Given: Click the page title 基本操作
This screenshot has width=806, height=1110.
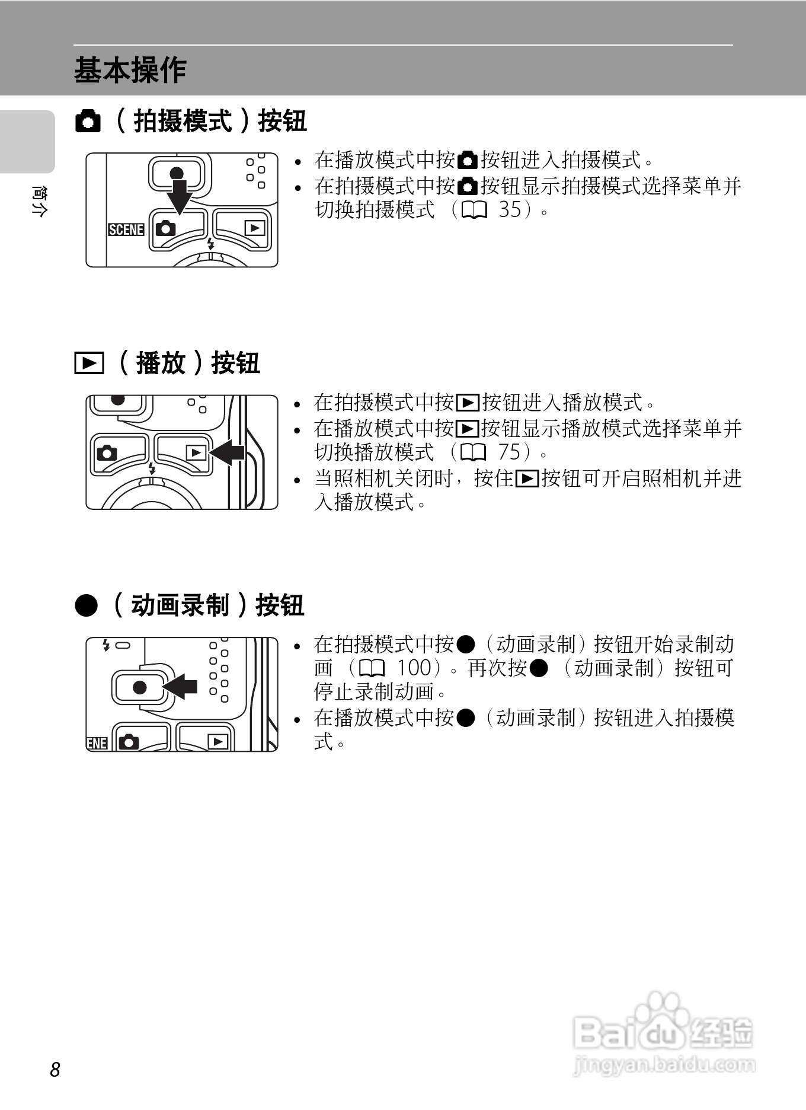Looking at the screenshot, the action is (130, 70).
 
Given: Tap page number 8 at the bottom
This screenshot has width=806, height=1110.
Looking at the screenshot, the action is (55, 1069).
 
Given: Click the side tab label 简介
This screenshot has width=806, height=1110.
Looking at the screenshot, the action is (38, 202).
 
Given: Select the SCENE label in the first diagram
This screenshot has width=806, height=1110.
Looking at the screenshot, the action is (126, 229).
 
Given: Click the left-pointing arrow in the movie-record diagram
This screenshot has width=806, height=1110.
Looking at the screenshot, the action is (180, 687).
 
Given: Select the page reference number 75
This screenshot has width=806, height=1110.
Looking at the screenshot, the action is (509, 452).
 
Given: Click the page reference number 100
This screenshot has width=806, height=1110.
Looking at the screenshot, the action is (413, 668).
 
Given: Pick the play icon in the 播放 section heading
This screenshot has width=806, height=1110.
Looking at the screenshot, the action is (89, 363).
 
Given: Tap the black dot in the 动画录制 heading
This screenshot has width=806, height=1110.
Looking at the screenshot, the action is (86, 605).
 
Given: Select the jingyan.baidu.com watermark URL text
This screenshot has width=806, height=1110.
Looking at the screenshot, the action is (664, 1065).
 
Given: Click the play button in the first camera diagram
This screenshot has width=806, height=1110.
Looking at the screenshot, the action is (255, 228).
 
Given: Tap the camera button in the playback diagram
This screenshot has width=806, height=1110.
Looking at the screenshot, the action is (107, 454).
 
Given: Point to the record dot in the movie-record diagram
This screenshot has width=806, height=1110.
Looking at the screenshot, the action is (140, 687).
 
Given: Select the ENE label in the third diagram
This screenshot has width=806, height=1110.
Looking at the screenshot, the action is (97, 743).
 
